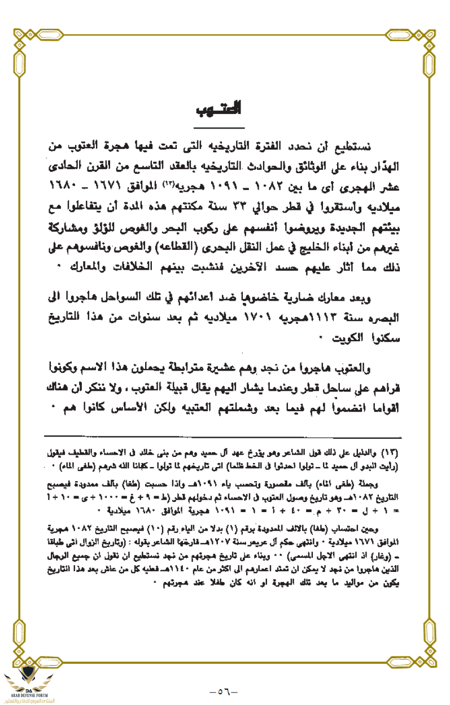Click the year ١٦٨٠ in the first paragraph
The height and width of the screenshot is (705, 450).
pos(62,184)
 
